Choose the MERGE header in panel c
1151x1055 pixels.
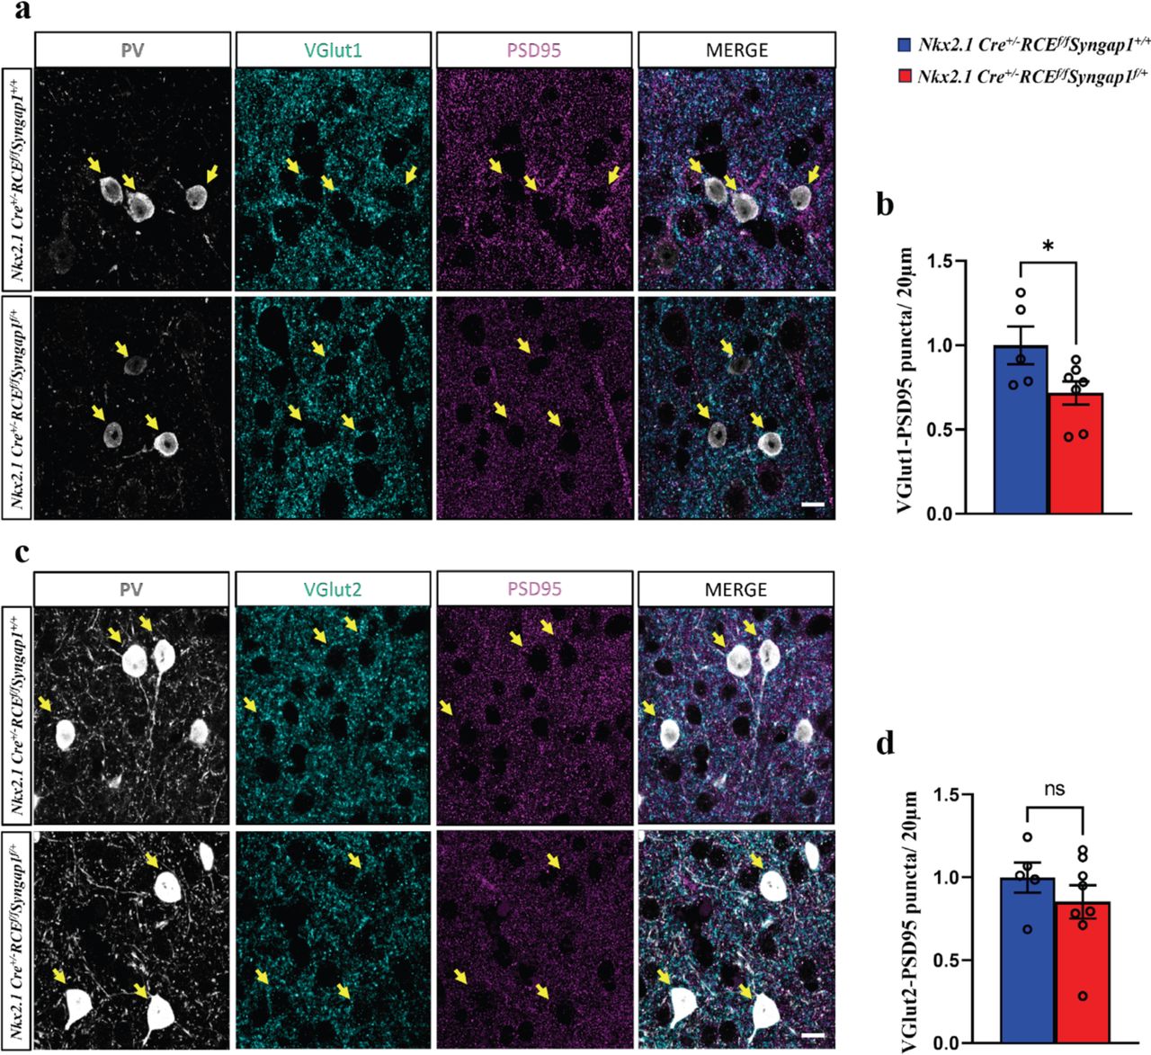point(736,589)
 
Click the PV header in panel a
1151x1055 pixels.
point(131,51)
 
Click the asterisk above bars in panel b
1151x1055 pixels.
point(1048,246)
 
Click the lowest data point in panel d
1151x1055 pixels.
point(1083,996)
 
